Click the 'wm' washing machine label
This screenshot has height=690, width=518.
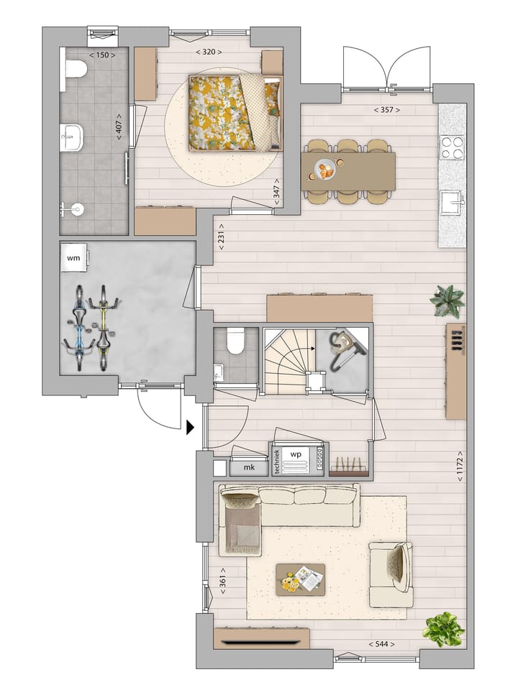pyautogui.click(x=73, y=257)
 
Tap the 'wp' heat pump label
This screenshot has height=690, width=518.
pyautogui.click(x=295, y=454)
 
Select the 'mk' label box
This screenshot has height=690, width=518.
pyautogui.click(x=250, y=468)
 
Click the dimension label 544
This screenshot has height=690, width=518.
pyautogui.click(x=380, y=644)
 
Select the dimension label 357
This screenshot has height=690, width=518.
pyautogui.click(x=386, y=110)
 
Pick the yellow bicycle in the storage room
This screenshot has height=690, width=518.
pyautogui.click(x=104, y=327)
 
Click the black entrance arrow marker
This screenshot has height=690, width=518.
pyautogui.click(x=190, y=428)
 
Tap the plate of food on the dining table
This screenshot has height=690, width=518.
pyautogui.click(x=325, y=170)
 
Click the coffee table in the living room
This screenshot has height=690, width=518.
pyautogui.click(x=300, y=579)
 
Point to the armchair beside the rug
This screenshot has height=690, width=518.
pyautogui.click(x=391, y=574)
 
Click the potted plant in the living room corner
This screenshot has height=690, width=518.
pyautogui.click(x=443, y=629)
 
